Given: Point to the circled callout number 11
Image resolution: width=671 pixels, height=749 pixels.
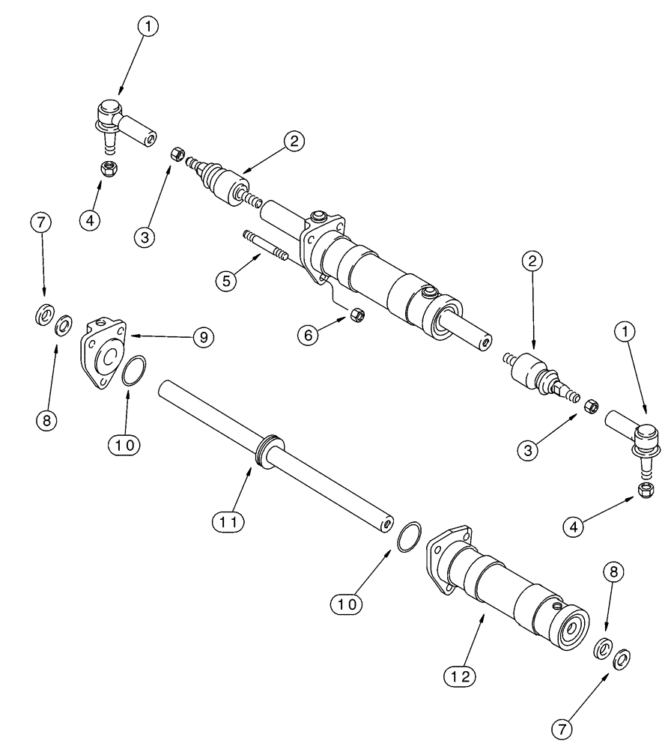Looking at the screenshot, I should [x=228, y=519].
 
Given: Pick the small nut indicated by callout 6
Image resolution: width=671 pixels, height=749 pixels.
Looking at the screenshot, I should [x=357, y=315].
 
